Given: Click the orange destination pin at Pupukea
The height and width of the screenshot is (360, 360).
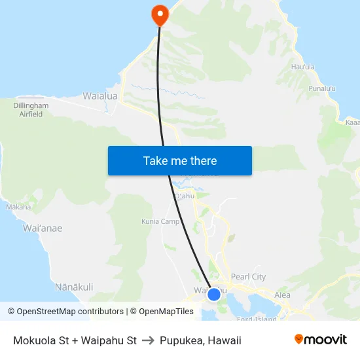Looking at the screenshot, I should coord(159,14).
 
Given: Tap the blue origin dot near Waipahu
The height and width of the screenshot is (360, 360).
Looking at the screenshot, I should coord(213,295).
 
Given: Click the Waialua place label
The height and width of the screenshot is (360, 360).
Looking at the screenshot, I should coord(100,96).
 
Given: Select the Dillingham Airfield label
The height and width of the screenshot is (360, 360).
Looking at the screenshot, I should coord(31,109).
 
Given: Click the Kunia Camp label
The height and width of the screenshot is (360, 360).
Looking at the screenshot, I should coord(160,221).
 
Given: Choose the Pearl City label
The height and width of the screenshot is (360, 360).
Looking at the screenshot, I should coord(249,277).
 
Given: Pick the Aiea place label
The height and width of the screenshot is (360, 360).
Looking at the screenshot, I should coord(282,295).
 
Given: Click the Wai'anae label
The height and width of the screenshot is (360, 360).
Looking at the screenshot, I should coord(43,228).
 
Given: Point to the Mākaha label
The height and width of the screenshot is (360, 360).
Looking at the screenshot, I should coord(18,207).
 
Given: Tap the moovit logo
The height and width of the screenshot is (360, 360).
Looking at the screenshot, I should coord(321,340).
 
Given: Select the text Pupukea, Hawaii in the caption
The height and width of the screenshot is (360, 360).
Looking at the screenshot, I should coord(200,340).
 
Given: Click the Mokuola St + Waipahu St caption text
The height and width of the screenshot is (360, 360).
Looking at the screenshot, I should coord(75,340).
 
